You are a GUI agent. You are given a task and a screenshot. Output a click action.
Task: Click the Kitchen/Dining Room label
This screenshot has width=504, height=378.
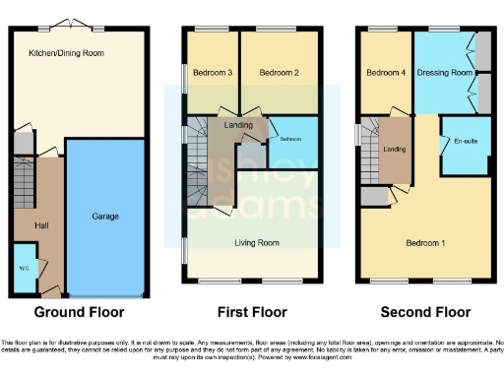(x=67, y=52)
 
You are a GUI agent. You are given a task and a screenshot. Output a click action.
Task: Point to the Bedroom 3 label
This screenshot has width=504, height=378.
(x=212, y=73)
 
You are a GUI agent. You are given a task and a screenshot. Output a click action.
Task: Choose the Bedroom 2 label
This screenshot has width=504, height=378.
(x=279, y=73)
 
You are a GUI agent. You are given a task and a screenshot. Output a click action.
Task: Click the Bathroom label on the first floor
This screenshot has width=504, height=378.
(x=292, y=139)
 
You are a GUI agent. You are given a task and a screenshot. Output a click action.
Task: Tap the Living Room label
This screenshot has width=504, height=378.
(x=256, y=242)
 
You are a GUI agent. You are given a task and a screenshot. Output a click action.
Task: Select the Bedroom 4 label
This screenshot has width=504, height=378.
(x=385, y=73)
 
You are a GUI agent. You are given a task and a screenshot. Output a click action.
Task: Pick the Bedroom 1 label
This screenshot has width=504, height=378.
(x=428, y=242)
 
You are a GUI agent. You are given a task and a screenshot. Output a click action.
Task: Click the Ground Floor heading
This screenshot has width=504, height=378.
(x=80, y=312)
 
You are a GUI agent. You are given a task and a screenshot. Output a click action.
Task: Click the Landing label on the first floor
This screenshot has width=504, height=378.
(x=236, y=124)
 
